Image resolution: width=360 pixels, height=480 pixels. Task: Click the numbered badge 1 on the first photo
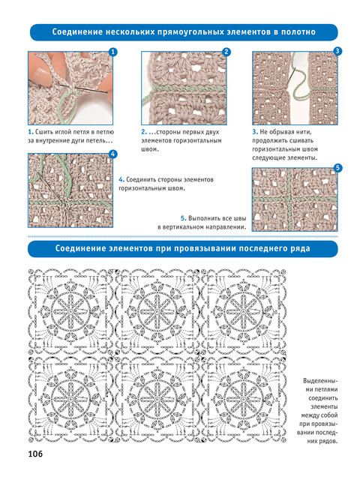[113, 52]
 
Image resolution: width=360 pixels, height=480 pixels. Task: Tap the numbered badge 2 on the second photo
[226, 52]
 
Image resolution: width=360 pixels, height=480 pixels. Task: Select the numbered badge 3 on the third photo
[337, 51]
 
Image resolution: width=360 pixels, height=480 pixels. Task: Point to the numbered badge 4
[113, 154]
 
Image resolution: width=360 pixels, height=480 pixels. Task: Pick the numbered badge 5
[337, 168]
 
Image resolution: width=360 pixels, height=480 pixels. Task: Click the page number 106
[35, 454]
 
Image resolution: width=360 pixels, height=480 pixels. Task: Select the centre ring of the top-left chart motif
[70, 312]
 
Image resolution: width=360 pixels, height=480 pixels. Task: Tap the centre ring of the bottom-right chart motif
[243, 399]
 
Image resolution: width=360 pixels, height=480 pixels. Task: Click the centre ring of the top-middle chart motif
[157, 312]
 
